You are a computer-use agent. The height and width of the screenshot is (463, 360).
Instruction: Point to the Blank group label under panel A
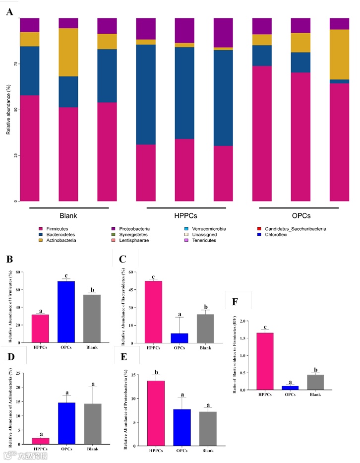68,215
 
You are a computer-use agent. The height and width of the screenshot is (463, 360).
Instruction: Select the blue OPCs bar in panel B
66,312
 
